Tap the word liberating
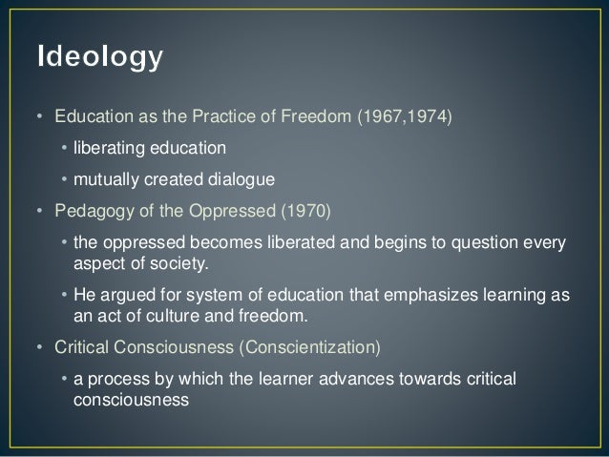(x=106, y=148)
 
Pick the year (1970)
(x=257, y=210)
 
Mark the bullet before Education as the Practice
(x=37, y=118)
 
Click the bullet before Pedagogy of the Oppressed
(x=37, y=210)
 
